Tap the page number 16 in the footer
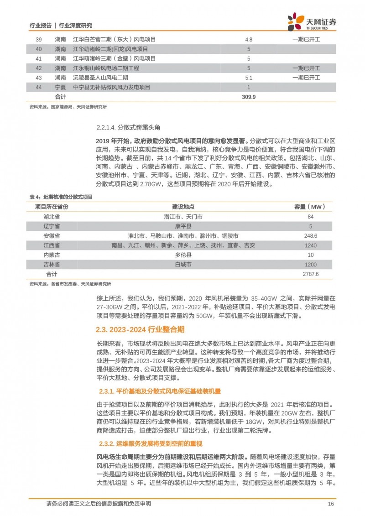point(332,504)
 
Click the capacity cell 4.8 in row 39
point(249,39)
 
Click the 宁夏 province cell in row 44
point(60,87)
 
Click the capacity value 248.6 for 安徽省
point(310,236)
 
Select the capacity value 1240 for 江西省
point(310,245)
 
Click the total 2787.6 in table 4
point(310,274)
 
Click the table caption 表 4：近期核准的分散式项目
point(61,197)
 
